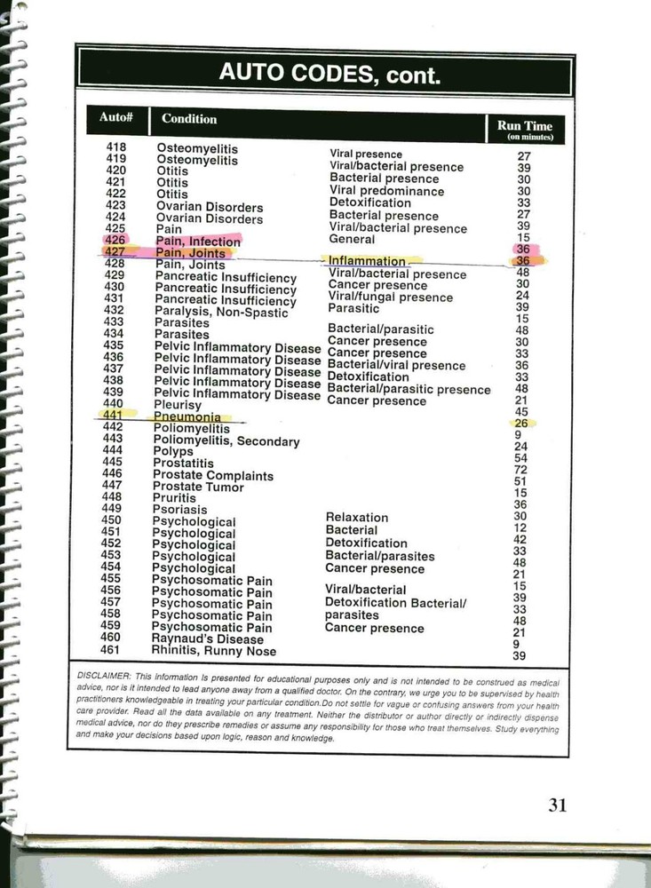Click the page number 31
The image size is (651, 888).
557,805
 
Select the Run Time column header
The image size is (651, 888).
525,130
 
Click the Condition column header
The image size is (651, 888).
189,118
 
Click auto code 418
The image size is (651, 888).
115,147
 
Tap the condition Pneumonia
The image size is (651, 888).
187,416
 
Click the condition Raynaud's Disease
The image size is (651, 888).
207,638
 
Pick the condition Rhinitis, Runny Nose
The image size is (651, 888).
214,651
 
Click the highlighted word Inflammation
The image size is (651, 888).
366,262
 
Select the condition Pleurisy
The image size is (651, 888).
178,405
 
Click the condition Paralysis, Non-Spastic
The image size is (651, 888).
221,312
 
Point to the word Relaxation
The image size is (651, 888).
356,517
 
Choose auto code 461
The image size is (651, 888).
110,649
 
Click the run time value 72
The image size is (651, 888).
520,469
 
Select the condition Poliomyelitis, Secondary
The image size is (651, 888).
226,440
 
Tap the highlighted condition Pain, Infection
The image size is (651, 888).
197,241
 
